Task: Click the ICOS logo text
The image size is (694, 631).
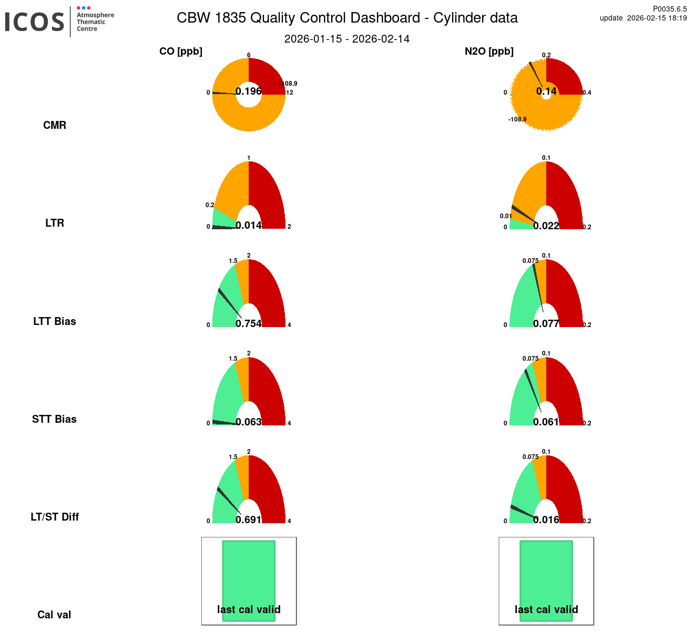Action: (35, 22)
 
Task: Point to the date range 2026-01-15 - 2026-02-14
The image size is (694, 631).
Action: (347, 39)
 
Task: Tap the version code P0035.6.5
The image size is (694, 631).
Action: (670, 9)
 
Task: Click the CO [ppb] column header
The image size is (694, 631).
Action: (181, 52)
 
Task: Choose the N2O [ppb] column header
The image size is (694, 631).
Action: (489, 52)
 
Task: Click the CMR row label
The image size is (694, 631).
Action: (55, 125)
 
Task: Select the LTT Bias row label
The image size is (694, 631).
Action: (55, 321)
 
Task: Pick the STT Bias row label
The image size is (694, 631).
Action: (55, 419)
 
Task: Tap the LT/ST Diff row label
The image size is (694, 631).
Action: (55, 517)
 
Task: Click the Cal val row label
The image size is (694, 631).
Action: (54, 615)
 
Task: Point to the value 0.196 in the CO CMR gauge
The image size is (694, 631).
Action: (249, 91)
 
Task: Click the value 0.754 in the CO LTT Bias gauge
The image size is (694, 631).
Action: (249, 323)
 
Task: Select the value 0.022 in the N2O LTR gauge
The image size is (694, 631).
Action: (546, 226)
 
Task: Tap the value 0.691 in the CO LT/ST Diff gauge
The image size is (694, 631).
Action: (249, 520)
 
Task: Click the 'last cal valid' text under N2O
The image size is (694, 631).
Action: (546, 609)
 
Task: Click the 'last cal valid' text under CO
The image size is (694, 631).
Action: (249, 609)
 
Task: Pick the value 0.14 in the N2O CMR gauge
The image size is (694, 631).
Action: (546, 91)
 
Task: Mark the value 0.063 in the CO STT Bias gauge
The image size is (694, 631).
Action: (249, 422)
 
